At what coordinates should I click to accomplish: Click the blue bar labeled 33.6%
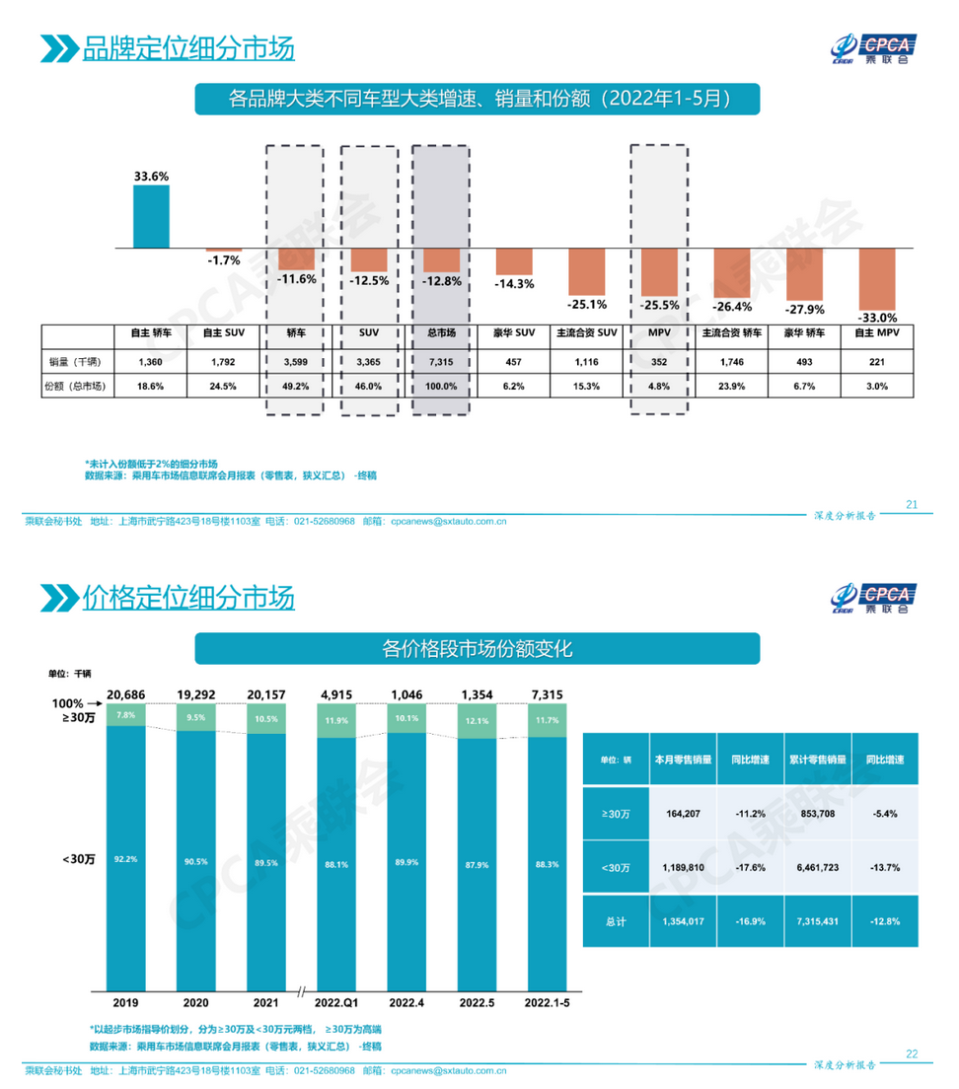(x=152, y=216)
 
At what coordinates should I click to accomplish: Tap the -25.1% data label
(x=586, y=303)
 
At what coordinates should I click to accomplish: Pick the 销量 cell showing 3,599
(x=294, y=360)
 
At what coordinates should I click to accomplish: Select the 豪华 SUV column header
(x=514, y=333)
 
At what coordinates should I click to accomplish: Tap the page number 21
(x=911, y=505)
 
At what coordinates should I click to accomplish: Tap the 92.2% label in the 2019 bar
(x=125, y=858)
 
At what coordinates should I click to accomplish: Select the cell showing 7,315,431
(x=816, y=920)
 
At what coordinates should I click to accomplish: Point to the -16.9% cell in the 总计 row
(x=746, y=920)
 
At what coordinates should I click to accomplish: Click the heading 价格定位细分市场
(x=187, y=598)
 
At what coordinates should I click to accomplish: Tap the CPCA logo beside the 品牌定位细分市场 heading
(x=872, y=47)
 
